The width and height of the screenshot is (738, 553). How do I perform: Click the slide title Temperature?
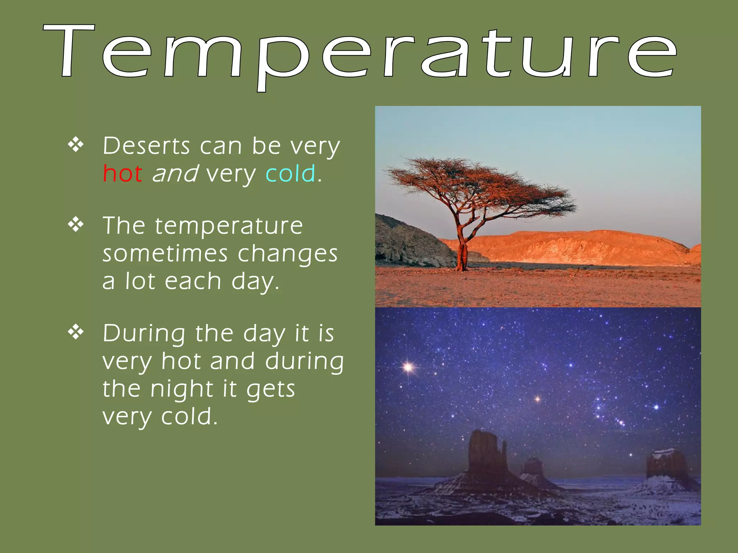tap(360, 54)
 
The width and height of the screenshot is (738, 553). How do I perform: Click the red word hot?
tap(123, 174)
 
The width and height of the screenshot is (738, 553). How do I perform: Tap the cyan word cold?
tap(290, 174)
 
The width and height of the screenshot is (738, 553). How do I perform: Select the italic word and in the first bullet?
tap(175, 174)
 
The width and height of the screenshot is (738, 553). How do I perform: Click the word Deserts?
tap(146, 146)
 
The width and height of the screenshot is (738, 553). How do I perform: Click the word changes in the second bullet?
tap(288, 254)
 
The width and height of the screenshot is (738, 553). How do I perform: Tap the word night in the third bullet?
tap(182, 390)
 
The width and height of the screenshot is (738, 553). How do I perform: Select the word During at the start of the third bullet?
tap(144, 334)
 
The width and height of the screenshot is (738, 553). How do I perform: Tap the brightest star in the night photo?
tap(408, 367)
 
